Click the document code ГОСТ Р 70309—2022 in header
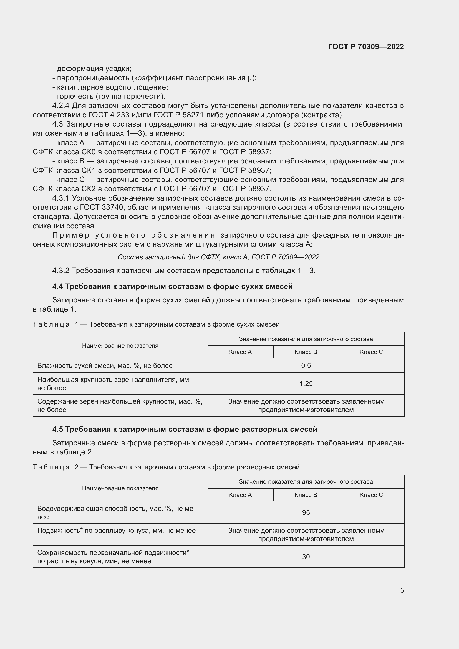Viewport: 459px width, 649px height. click(x=366, y=47)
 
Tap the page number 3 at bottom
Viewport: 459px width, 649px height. click(x=402, y=590)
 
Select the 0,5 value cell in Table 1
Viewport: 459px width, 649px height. click(x=306, y=365)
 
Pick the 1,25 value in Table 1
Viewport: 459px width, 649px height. click(x=306, y=383)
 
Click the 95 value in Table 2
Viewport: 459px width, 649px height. click(x=306, y=512)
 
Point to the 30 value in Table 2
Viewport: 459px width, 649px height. click(x=306, y=557)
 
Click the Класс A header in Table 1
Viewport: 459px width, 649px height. click(x=240, y=352)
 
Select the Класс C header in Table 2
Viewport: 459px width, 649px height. click(x=371, y=495)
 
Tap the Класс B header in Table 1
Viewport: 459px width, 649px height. click(x=306, y=352)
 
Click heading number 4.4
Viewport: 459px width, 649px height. click(x=58, y=286)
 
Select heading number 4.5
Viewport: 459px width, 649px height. click(x=58, y=429)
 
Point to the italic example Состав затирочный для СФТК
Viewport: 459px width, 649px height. click(x=218, y=257)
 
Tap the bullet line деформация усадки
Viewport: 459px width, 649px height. click(x=92, y=69)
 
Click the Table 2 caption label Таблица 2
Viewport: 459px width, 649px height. click(x=56, y=467)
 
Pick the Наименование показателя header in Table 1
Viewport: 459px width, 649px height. click(x=120, y=345)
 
